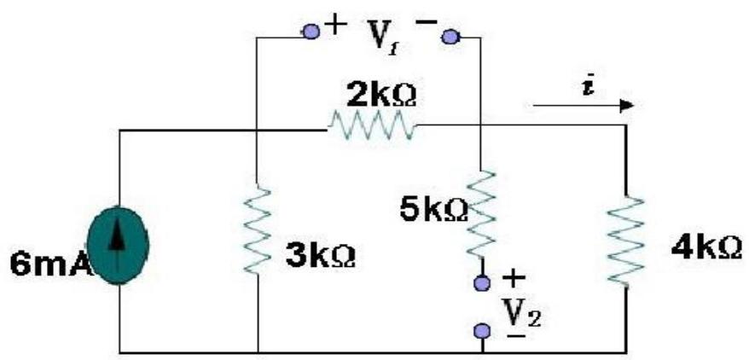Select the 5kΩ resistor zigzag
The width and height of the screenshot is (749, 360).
pyautogui.click(x=483, y=214)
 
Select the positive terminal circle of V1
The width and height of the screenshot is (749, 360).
pyautogui.click(x=311, y=32)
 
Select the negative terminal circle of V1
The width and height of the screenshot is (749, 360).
pyautogui.click(x=450, y=35)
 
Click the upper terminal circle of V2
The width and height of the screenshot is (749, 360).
pyautogui.click(x=484, y=281)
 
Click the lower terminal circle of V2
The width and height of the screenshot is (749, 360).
pyautogui.click(x=484, y=329)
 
